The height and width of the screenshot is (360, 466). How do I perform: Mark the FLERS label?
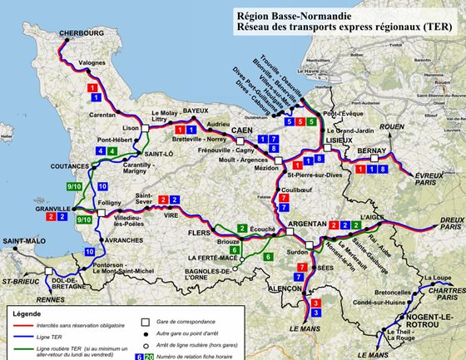(200, 233)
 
